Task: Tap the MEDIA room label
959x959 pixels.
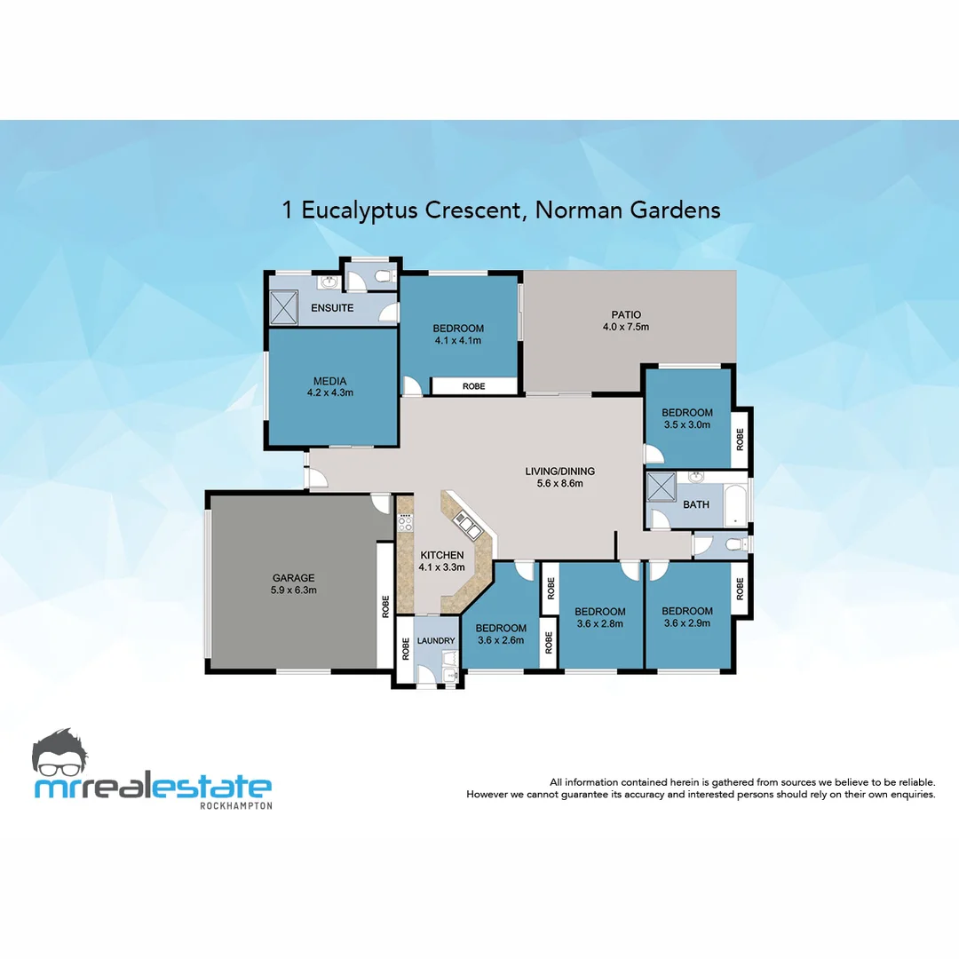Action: (x=329, y=381)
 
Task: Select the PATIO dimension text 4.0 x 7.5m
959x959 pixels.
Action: (x=626, y=327)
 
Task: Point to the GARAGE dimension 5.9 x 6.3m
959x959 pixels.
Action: (x=293, y=590)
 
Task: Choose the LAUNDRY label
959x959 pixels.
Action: (x=435, y=640)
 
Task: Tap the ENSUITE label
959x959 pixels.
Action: (x=332, y=308)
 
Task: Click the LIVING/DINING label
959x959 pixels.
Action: (x=559, y=472)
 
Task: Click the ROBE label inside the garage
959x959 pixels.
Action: (x=385, y=606)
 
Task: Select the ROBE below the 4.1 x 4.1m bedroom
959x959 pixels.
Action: (x=473, y=386)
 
